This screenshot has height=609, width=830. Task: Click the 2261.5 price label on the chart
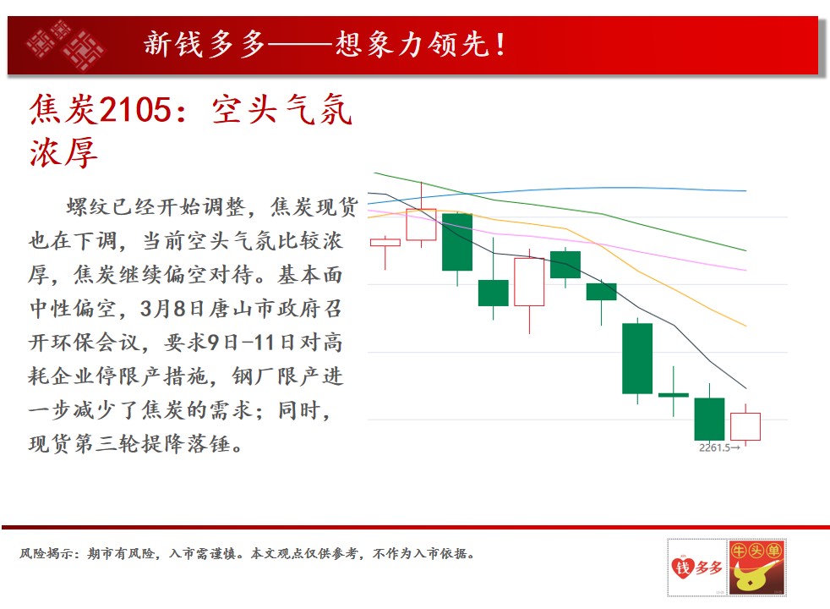coord(714,447)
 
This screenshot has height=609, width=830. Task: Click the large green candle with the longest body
coord(637,359)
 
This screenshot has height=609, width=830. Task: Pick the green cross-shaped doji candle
coord(674,394)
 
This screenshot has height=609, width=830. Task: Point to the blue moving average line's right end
coord(745,190)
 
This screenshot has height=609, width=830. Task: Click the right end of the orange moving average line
coord(745,326)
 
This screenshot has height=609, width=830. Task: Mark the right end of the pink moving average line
coord(745,270)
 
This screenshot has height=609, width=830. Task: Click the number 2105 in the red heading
coord(135,110)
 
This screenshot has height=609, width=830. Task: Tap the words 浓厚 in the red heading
coord(63,152)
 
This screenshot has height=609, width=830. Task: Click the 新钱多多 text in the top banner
coord(204,44)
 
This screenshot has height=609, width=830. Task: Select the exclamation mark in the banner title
coord(500,45)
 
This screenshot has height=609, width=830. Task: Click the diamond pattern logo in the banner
coord(65,45)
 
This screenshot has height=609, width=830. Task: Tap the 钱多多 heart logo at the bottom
coord(696,568)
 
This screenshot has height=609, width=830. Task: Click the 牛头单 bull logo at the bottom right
coord(756,568)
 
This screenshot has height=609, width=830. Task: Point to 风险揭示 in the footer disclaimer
coord(46,554)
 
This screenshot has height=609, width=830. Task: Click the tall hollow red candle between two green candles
coord(529,282)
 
